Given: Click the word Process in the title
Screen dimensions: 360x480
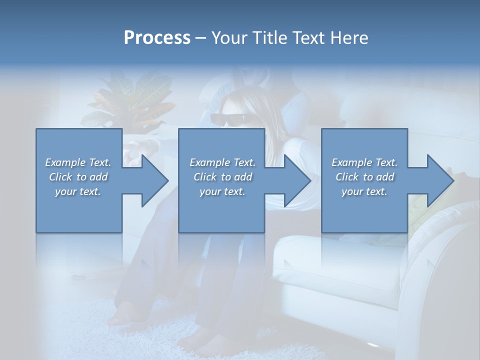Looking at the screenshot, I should click(157, 38).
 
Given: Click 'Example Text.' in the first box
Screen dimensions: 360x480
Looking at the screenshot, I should click(78, 162).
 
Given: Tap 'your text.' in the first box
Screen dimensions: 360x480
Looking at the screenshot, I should click(78, 191).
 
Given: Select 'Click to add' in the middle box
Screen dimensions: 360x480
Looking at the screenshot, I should click(222, 177).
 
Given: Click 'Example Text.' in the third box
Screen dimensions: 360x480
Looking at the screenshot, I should click(364, 162).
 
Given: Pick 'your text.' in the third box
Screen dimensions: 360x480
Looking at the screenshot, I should click(364, 191).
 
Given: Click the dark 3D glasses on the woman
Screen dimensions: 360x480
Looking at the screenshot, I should click(227, 119).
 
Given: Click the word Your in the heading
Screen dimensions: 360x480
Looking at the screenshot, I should click(229, 38).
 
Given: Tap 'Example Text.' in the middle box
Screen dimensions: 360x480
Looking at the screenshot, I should click(222, 162).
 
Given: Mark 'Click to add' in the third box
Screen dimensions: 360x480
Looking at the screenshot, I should click(364, 177).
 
